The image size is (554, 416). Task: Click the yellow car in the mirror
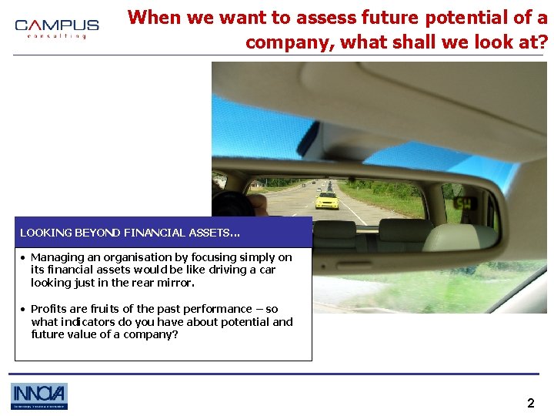click(x=327, y=201)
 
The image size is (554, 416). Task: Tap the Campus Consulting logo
click(x=57, y=29)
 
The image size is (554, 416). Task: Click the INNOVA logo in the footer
click(x=39, y=396)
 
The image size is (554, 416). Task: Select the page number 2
click(x=530, y=403)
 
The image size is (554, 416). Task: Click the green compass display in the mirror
click(x=465, y=202)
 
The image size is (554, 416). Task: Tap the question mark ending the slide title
click(x=542, y=42)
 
